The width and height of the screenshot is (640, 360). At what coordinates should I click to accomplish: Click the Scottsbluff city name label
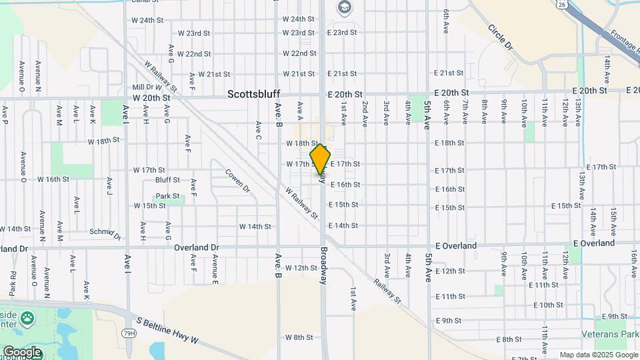(253, 94)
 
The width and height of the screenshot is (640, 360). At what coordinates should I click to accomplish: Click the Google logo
(21, 351)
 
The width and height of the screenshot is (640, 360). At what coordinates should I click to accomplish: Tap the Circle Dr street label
(501, 38)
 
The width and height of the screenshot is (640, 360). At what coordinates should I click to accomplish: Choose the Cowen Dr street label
(237, 181)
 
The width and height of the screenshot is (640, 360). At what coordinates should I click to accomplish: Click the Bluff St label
(167, 180)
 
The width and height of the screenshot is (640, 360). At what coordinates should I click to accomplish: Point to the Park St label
(168, 197)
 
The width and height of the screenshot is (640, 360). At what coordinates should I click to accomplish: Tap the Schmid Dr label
(105, 233)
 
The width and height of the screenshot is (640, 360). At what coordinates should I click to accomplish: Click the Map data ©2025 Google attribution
(598, 355)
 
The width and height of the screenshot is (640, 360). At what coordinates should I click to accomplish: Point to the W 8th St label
(299, 337)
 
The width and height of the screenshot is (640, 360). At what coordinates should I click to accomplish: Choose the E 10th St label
(550, 305)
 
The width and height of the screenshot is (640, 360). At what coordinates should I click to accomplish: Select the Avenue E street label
(215, 269)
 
